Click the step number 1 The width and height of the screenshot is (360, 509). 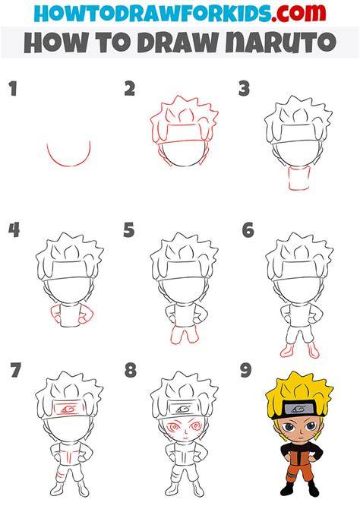(13, 89)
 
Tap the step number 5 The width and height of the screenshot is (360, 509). (129, 230)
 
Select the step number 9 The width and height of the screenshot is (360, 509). (246, 371)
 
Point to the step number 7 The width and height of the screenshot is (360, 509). (15, 370)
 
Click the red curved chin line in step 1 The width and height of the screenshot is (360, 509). (68, 166)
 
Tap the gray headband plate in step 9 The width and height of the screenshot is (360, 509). (298, 409)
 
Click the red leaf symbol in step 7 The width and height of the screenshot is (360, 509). (68, 409)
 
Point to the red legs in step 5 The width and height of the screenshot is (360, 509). (184, 334)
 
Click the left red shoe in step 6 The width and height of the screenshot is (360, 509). (286, 351)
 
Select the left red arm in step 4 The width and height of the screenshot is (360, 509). (56, 315)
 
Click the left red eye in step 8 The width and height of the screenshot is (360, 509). (174, 425)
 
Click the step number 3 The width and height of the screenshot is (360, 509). (244, 89)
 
